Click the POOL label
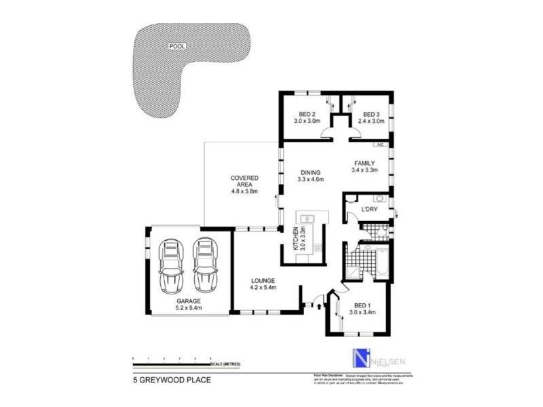178,47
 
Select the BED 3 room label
371,114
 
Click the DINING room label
310,172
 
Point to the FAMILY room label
364,163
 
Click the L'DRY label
369,210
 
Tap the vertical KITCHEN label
296,239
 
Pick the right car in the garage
204,263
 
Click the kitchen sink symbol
307,218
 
